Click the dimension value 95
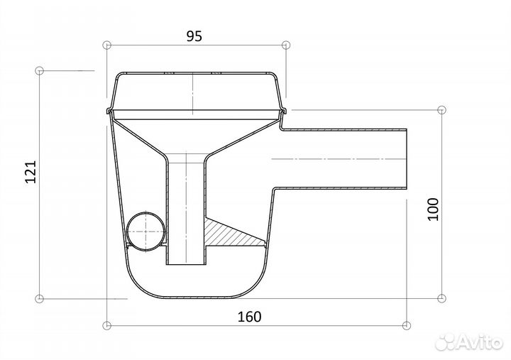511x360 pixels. (194, 36)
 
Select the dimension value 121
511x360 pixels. (31, 172)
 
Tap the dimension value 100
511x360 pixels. (433, 209)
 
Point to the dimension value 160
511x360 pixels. (249, 317)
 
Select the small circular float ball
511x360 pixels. (145, 231)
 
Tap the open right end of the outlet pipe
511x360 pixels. (407, 159)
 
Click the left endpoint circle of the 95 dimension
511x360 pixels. (106, 45)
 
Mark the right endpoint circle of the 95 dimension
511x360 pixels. (286, 45)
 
